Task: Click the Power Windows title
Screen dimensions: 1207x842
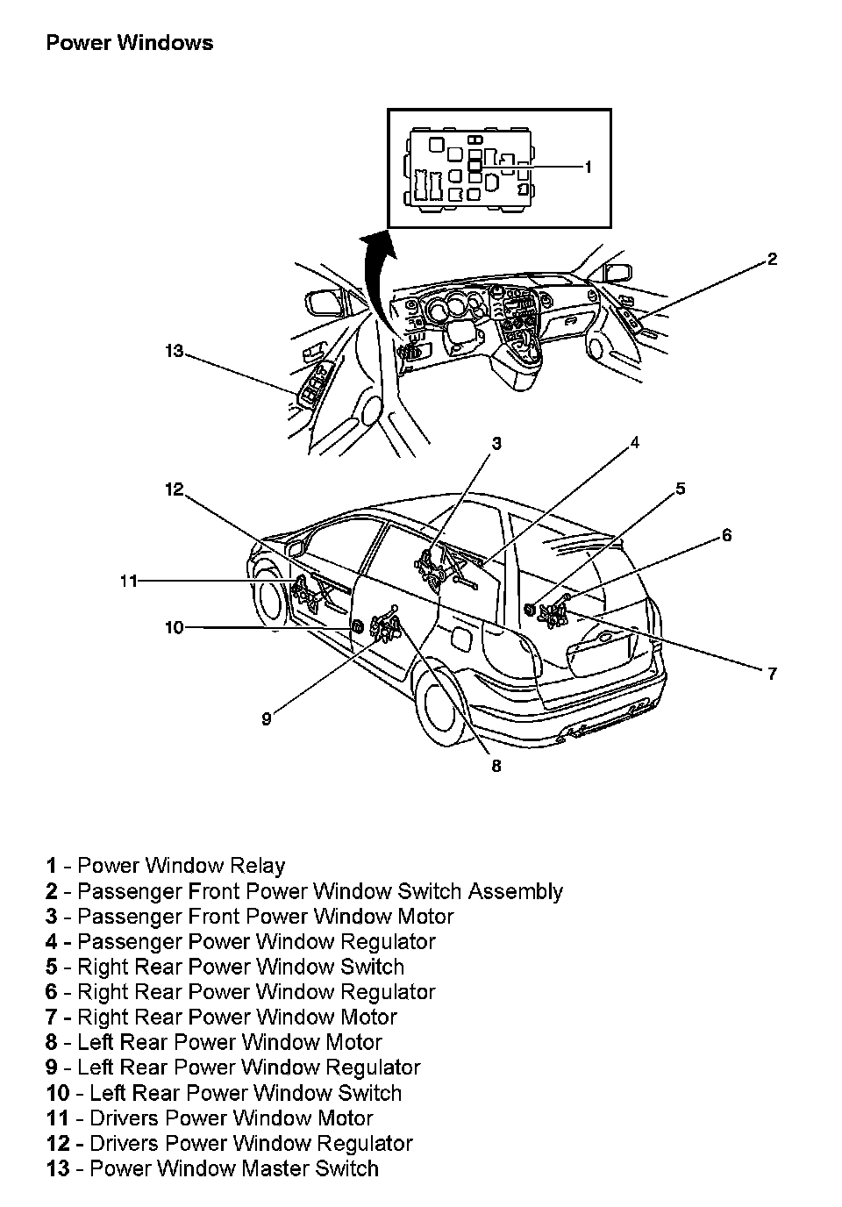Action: (129, 43)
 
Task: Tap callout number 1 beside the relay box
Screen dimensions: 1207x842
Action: (589, 167)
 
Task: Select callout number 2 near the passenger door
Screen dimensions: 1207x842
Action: (772, 259)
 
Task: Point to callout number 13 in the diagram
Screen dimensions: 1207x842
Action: (174, 352)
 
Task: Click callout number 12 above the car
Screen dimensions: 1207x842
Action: (174, 489)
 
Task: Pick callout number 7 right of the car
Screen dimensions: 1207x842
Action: (772, 674)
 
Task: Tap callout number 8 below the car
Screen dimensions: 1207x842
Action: (496, 766)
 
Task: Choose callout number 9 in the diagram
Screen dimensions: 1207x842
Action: (267, 719)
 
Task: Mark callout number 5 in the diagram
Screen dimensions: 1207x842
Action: (680, 489)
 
